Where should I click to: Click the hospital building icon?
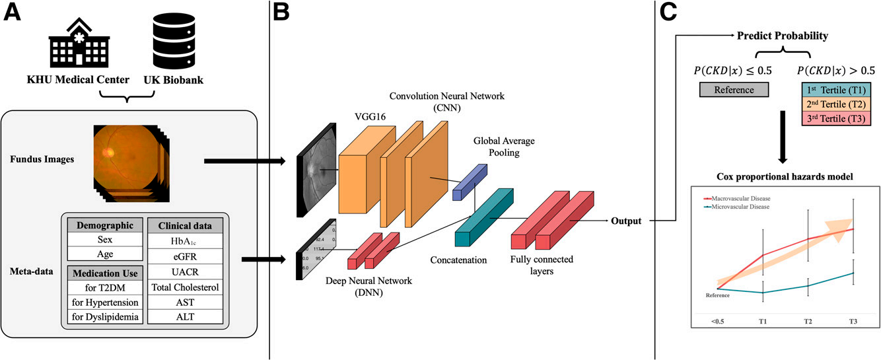(x=75, y=44)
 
